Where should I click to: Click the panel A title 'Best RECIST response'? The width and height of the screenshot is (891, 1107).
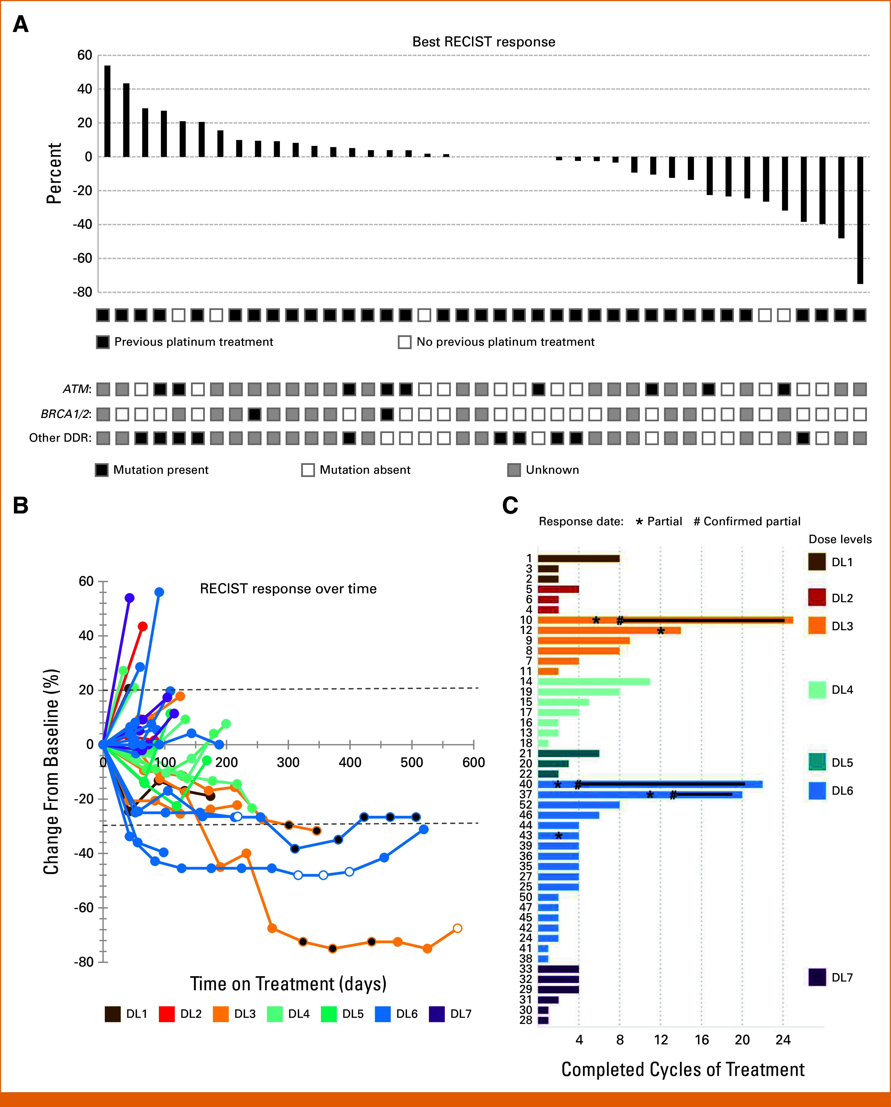484,42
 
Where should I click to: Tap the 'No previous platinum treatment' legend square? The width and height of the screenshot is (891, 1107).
405,342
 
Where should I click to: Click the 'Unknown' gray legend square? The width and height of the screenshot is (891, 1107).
514,470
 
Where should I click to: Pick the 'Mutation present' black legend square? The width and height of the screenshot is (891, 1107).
102,470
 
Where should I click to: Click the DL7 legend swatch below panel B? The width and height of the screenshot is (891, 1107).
436,1014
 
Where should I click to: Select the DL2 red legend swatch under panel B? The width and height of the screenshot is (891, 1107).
167,1014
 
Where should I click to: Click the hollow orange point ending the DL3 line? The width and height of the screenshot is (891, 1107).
458,928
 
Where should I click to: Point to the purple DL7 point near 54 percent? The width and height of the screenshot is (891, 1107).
129,598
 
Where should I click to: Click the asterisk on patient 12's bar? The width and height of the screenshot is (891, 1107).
661,631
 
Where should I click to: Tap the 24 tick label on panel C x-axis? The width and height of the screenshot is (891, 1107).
783,1040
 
